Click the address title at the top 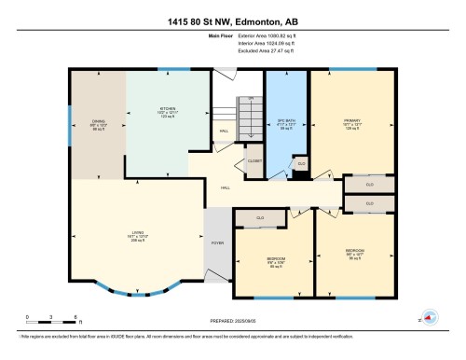point(232,21)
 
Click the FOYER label point(217,242)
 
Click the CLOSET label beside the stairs point(254,161)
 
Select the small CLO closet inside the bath point(300,164)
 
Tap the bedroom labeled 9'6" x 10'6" point(277,260)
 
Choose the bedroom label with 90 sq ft point(355,254)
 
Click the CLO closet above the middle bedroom point(261,218)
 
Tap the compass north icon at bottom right point(430,317)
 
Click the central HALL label point(225,187)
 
